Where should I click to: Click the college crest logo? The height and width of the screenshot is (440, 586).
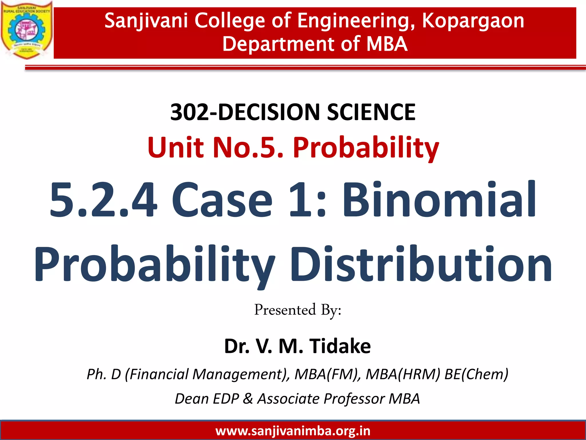point(26,30)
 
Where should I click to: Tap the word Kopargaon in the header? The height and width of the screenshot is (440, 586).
point(473,21)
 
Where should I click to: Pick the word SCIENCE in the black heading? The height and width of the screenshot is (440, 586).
point(371,112)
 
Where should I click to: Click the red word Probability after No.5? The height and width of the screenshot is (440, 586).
point(366,148)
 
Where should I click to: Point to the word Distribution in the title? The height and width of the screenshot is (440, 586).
point(421,264)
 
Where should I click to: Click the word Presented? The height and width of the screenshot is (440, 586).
point(285,310)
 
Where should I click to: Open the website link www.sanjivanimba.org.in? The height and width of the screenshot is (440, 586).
point(293,431)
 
